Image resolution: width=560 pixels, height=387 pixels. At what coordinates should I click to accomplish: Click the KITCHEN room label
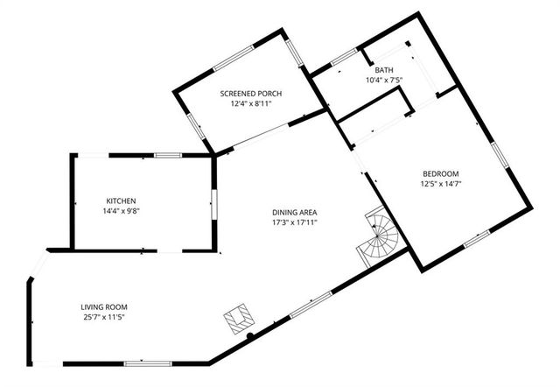(121, 201)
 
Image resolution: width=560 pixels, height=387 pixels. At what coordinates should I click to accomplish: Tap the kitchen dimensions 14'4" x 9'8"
(121, 211)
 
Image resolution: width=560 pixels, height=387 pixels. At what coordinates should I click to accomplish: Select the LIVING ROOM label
(104, 306)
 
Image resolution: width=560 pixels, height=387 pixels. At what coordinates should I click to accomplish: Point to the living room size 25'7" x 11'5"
(104, 317)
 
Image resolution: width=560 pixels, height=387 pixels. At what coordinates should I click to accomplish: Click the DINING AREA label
(293, 212)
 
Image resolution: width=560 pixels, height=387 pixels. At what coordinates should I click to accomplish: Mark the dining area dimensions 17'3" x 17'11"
(293, 222)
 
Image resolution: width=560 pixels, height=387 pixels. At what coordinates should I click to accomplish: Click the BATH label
(384, 70)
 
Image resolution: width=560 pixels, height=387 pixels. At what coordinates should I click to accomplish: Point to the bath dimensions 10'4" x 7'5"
(384, 81)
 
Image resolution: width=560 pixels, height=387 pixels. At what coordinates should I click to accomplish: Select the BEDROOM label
(440, 173)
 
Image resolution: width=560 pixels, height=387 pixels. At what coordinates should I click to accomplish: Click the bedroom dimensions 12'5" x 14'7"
(440, 184)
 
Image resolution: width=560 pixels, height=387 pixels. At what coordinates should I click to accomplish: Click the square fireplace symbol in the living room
(238, 318)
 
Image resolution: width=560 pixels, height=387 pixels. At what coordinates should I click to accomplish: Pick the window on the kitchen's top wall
(168, 155)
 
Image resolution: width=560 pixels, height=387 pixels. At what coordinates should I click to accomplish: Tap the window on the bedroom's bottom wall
(476, 237)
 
